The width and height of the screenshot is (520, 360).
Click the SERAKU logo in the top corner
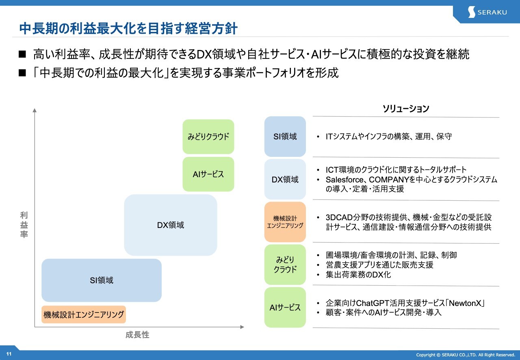487,12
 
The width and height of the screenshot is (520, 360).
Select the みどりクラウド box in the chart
208,137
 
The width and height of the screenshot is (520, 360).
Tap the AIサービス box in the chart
208,174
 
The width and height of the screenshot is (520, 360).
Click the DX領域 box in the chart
171,225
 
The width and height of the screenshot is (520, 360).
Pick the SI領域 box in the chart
102,280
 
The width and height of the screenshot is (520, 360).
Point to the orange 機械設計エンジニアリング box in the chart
84,314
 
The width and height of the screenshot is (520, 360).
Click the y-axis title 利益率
24,225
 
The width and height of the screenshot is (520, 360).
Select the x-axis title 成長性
137,335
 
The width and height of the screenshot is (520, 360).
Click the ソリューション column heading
405,109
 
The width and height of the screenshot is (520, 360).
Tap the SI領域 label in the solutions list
285,137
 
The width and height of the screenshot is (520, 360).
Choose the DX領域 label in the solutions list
285,179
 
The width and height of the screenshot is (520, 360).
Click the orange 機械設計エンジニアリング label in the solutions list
285,222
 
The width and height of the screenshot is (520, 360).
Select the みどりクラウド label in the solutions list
285,264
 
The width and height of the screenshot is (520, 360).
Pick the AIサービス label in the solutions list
285,308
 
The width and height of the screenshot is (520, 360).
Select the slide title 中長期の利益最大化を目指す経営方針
128,28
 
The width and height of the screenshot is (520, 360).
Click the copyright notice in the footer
466,355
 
